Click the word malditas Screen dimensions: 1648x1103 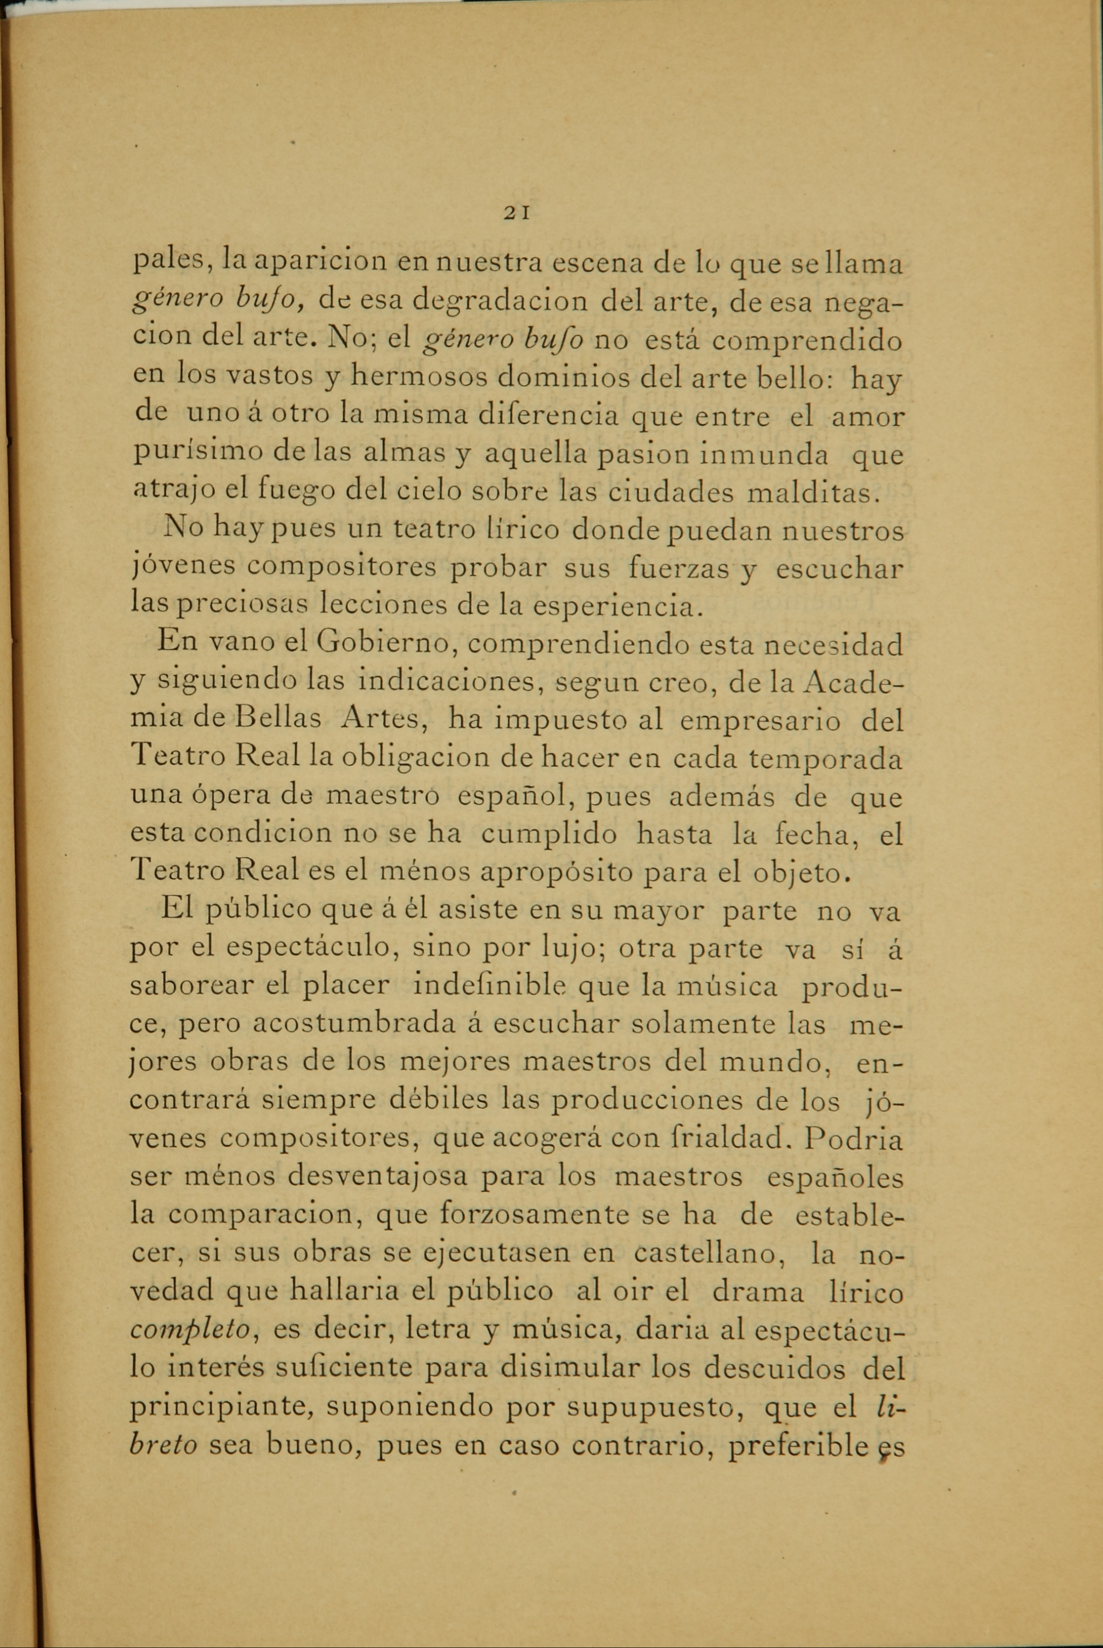coord(812,491)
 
